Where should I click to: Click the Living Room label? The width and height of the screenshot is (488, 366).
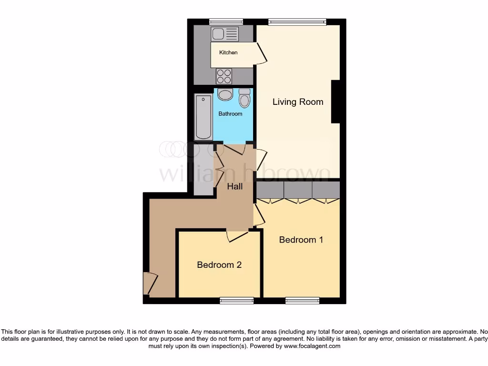298,102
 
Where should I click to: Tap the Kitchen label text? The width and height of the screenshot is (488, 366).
228,52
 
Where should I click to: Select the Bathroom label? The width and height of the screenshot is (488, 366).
230,114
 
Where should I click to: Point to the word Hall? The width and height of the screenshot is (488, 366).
234,186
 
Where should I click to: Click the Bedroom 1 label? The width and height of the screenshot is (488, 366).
301,240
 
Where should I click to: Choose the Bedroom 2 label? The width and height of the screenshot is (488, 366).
219,265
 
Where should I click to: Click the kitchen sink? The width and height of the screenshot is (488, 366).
225,34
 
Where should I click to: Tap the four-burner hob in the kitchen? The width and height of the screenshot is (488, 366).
224,76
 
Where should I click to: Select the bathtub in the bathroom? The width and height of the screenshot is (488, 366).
203,117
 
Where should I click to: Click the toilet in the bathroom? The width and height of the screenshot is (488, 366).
244,98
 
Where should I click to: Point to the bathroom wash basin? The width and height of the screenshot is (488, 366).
225,94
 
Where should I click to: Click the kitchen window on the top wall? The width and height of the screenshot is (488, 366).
226,21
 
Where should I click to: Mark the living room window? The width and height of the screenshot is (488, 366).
297,21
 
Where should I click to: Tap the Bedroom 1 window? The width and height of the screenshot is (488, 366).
302,300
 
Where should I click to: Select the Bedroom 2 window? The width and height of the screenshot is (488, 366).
236,300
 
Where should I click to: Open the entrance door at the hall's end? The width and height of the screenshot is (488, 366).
150,284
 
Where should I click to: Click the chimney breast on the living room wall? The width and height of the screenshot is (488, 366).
335,102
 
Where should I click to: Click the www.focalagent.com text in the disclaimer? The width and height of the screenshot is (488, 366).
312,346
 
